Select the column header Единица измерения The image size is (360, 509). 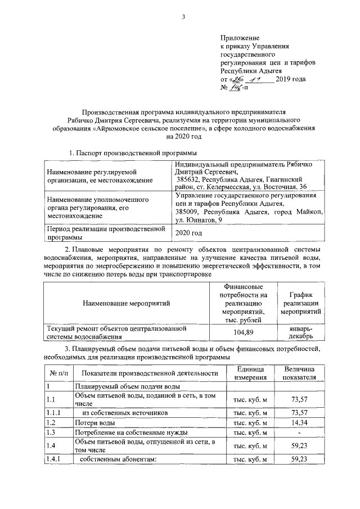click(250, 373)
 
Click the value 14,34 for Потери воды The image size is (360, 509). click(298, 422)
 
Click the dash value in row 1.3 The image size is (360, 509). click(298, 433)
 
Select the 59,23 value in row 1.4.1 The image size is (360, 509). click(298, 460)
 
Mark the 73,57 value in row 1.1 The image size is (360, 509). click(298, 399)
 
